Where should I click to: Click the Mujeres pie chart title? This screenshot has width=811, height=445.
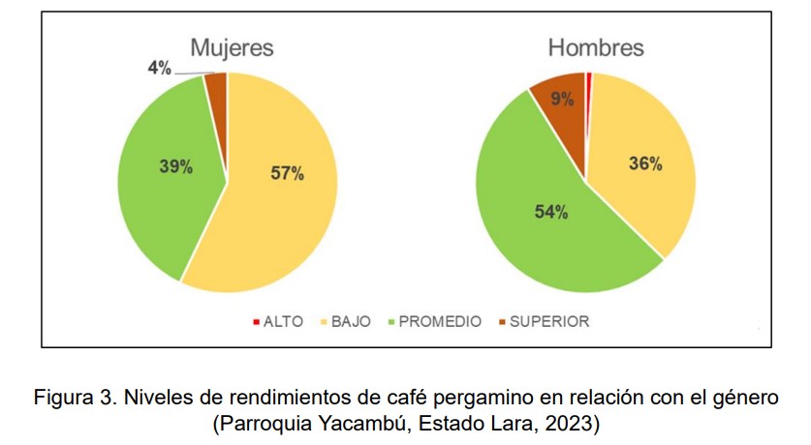coord(232,47)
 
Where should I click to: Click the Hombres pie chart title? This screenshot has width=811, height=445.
coord(596,47)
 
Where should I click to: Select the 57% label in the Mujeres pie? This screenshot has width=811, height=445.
coord(287,174)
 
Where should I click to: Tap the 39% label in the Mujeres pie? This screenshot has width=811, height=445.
coord(176,166)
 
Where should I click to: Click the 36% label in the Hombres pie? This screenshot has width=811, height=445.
coord(645,164)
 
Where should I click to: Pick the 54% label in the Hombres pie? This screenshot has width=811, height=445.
coord(551,213)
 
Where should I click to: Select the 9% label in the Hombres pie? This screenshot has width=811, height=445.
coord(560,98)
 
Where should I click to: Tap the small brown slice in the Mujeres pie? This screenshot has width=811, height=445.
coord(217,85)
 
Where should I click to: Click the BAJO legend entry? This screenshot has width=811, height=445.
coord(351,321)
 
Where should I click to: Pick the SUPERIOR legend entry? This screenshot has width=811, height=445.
coord(549,321)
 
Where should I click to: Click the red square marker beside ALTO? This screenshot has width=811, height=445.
coord(256,322)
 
